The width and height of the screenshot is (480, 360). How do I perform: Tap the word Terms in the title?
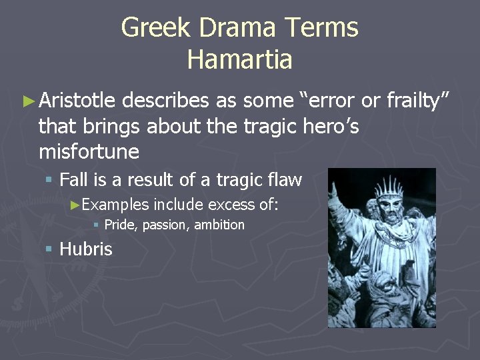(322, 28)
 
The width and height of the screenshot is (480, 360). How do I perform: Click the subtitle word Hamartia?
(239, 59)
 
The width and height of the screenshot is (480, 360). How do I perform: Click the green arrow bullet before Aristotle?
(27, 101)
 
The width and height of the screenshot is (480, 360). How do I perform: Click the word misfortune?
(89, 152)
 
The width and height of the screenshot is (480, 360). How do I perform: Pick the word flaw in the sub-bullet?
(286, 180)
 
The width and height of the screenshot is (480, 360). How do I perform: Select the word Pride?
(120, 225)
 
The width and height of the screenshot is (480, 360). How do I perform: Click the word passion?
(166, 225)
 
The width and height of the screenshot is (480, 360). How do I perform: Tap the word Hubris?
(86, 249)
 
